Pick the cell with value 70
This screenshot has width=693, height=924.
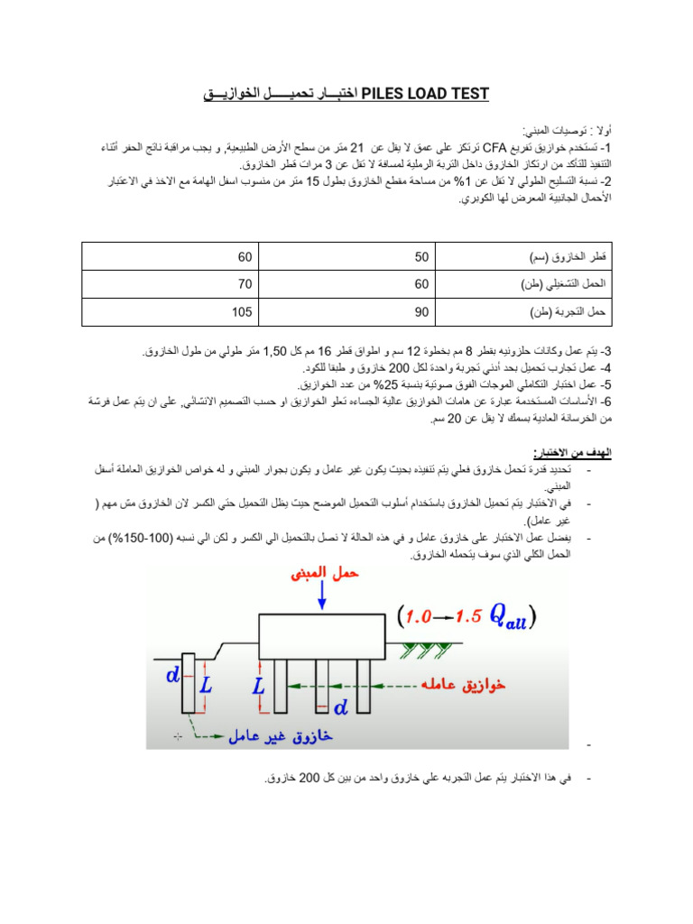pyautogui.click(x=245, y=283)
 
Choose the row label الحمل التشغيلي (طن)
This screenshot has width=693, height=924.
pyautogui.click(x=562, y=283)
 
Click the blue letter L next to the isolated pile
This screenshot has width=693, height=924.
pyautogui.click(x=206, y=686)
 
